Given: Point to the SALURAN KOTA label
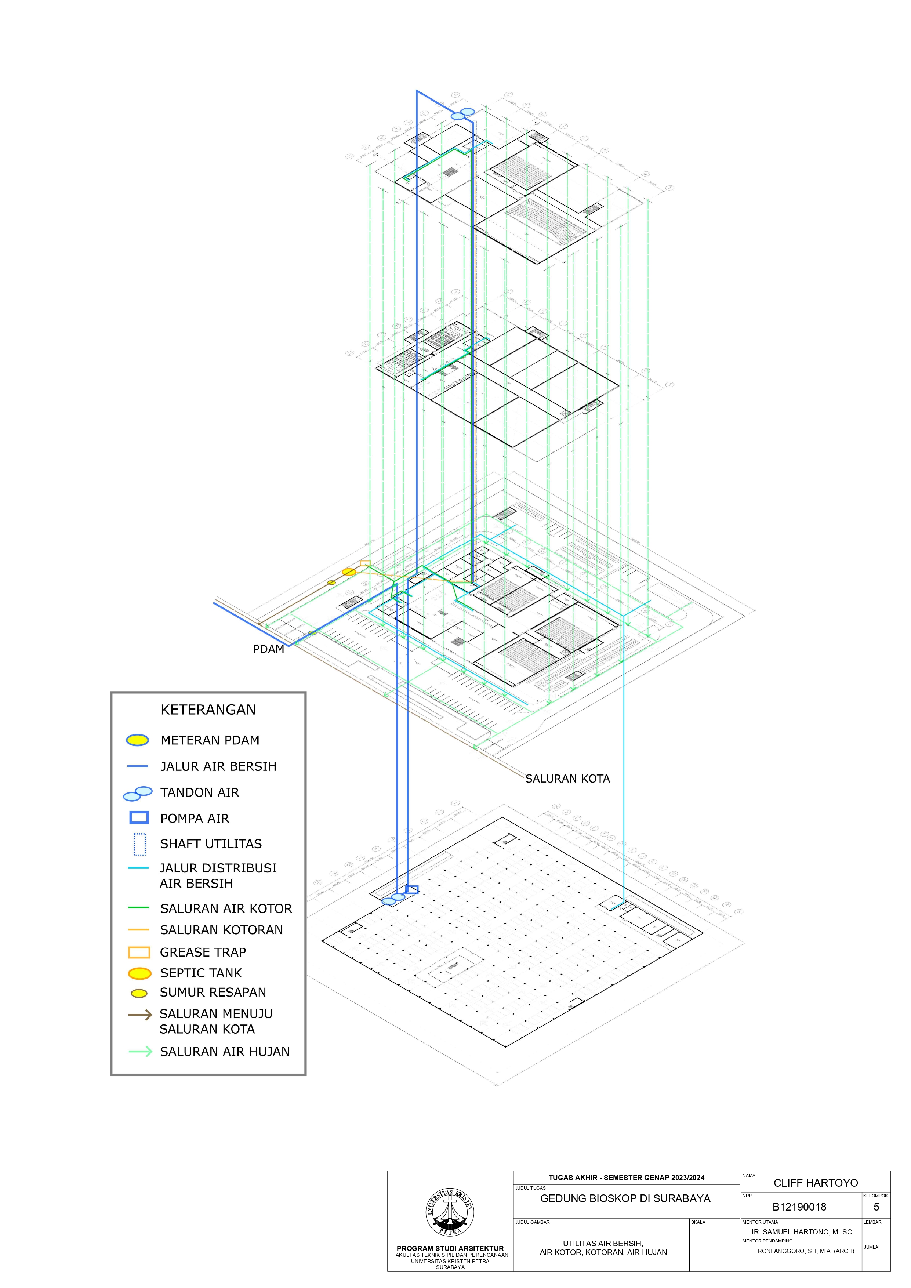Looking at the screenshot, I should (567, 779).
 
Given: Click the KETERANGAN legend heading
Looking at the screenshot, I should (208, 710).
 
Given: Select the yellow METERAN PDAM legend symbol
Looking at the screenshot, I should (137, 740).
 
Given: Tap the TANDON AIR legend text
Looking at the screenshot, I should (199, 792).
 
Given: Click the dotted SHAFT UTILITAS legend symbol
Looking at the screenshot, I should (140, 844).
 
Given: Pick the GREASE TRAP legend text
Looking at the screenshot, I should (203, 952).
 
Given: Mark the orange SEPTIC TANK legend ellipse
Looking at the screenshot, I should (140, 973).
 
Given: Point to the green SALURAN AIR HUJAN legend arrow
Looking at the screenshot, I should (140, 1051).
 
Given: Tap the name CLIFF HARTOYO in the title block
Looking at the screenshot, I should (816, 1183).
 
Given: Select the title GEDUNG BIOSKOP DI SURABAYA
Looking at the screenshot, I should (625, 1198).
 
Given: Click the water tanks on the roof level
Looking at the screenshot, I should (463, 114).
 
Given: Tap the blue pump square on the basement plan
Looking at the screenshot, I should (412, 889).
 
